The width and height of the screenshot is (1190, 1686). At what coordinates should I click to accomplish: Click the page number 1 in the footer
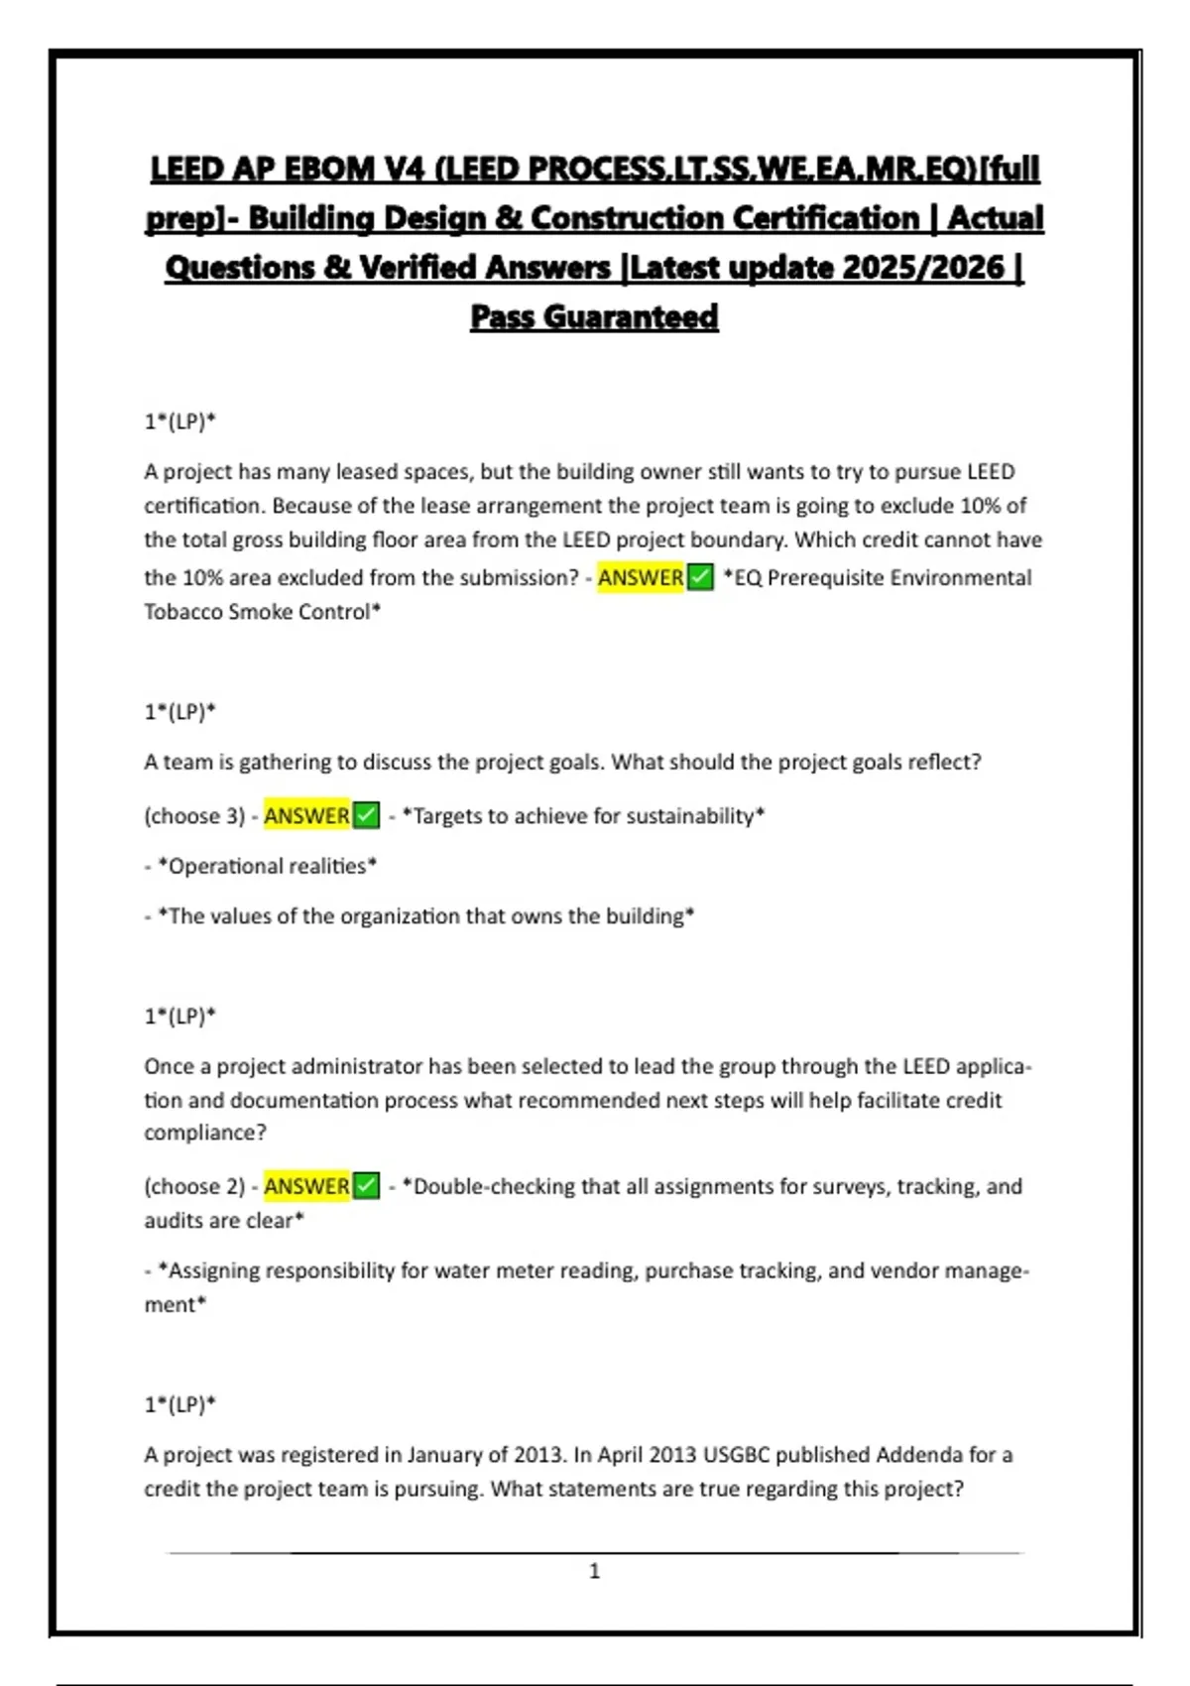pos(595,1571)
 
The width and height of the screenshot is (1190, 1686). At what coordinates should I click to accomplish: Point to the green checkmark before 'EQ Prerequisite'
pos(700,577)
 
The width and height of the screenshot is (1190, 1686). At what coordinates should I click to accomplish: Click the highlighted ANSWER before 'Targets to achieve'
pos(306,816)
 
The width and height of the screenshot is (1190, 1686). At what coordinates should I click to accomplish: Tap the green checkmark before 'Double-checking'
pos(367,1186)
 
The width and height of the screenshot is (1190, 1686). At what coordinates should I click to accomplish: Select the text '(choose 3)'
pos(194,816)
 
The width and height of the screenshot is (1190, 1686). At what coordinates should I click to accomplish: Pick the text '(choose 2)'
pos(194,1186)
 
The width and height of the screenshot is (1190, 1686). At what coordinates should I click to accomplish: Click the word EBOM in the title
pos(329,170)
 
